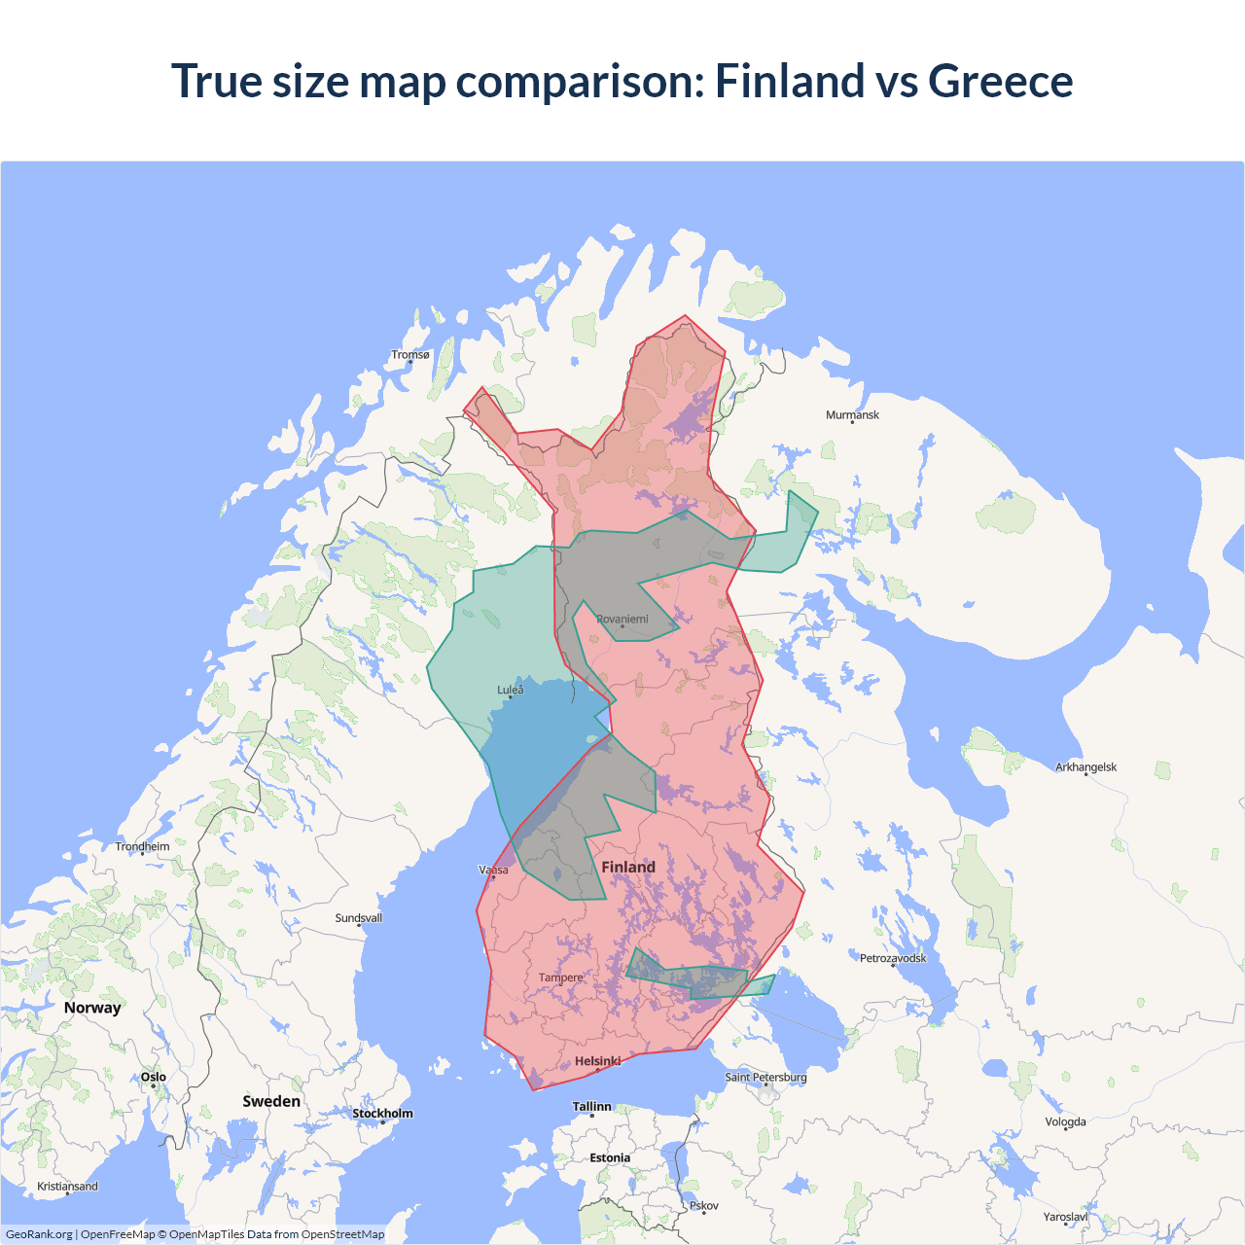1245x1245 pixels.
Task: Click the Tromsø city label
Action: [409, 355]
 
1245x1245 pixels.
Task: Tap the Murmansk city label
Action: [852, 415]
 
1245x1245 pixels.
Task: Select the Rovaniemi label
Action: [622, 620]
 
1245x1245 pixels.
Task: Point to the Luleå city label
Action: [510, 690]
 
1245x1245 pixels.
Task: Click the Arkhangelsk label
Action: [1085, 767]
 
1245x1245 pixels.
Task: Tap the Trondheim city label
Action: [142, 847]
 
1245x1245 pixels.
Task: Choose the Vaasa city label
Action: [493, 871]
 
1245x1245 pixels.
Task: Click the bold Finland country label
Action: [628, 867]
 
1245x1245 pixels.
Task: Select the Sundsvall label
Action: [358, 918]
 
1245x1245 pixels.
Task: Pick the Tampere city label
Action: [560, 978]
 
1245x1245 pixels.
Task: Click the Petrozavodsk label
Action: [893, 958]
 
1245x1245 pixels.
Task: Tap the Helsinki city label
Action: [597, 1061]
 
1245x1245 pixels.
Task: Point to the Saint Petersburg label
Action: [765, 1077]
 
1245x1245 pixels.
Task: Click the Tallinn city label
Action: [591, 1107]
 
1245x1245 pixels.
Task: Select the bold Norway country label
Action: [92, 1008]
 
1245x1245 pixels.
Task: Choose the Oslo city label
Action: [153, 1077]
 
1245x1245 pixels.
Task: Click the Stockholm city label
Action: [382, 1114]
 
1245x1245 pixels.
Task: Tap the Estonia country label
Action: [610, 1157]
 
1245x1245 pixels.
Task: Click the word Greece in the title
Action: [1000, 81]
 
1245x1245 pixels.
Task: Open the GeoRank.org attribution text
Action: [39, 1234]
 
